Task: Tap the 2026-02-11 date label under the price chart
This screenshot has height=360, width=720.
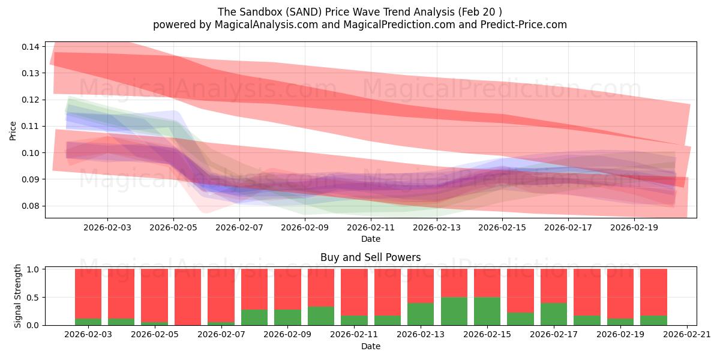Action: coord(371,228)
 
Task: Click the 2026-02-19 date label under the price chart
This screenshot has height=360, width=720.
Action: coord(634,228)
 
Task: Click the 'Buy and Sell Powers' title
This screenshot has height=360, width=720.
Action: coord(370,257)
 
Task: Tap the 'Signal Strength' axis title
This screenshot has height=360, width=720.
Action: coord(18,296)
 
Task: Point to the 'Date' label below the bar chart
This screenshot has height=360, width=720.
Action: coord(370,346)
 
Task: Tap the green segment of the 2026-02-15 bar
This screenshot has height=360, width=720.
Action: coord(487,311)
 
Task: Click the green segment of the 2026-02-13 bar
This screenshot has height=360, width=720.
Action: coord(421,314)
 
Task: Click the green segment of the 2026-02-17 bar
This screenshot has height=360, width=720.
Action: coord(554,314)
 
